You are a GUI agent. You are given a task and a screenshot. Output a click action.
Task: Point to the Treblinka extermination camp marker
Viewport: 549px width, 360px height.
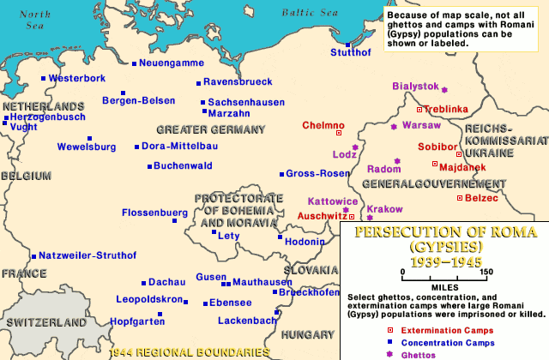[419, 110]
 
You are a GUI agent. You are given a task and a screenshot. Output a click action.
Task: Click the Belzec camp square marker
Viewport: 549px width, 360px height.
[460, 198]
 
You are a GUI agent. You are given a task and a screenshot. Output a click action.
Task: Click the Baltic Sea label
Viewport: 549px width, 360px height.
[311, 12]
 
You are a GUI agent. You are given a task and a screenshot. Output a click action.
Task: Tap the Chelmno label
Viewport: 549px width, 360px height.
[323, 125]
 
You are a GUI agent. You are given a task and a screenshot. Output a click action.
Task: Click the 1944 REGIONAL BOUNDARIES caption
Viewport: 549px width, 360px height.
[184, 351]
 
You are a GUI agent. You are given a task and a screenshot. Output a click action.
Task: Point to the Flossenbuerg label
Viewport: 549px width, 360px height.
[154, 212]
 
